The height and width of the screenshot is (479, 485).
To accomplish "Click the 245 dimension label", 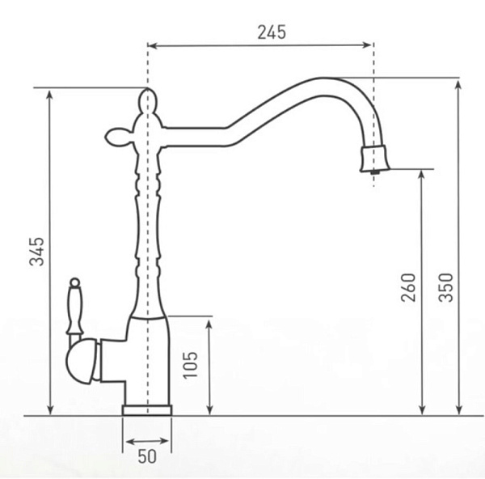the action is point(272,32).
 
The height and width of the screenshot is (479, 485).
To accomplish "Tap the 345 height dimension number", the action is point(36,252).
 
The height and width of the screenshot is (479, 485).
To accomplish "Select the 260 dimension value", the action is point(408,287).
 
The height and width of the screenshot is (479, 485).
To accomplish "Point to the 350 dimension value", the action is point(445,287).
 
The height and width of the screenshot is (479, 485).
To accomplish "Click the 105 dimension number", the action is point(190,365).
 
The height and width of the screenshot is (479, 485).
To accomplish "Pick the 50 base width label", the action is point(147,456).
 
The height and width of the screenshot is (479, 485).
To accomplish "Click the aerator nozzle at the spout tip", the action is point(374,159).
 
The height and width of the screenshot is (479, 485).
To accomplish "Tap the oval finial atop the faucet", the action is point(148,100).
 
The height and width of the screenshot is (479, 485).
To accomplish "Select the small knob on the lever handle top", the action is point(75,282).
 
